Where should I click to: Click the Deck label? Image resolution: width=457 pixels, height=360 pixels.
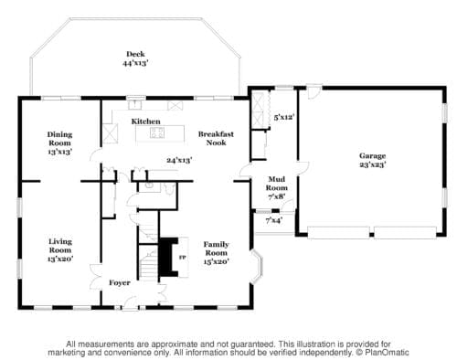[135, 54]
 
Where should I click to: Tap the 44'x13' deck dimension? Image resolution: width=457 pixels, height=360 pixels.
[135, 63]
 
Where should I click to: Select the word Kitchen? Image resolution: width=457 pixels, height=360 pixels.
[145, 122]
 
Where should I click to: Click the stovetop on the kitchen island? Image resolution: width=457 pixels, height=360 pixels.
[157, 132]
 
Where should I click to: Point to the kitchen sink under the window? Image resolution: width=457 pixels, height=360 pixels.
[134, 104]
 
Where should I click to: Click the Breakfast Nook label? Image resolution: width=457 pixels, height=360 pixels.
[216, 138]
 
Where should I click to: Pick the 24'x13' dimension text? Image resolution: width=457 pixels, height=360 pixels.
[179, 160]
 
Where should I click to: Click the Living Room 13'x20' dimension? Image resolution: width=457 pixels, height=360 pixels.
[60, 259]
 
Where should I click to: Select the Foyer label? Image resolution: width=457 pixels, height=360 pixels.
[120, 282]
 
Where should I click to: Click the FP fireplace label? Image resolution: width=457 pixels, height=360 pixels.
[182, 258]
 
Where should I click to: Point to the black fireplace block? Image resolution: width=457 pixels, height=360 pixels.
[168, 257]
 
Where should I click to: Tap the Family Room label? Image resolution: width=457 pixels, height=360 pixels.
[216, 249]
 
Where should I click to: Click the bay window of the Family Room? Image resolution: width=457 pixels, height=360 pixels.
[258, 267]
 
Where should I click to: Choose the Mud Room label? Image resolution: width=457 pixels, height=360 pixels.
[277, 184]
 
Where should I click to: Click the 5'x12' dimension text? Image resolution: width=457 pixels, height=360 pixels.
[284, 117]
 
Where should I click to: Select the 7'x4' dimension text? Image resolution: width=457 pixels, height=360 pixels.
[273, 220]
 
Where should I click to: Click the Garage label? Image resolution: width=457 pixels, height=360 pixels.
[372, 156]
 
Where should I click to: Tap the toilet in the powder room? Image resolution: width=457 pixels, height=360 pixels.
[169, 188]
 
